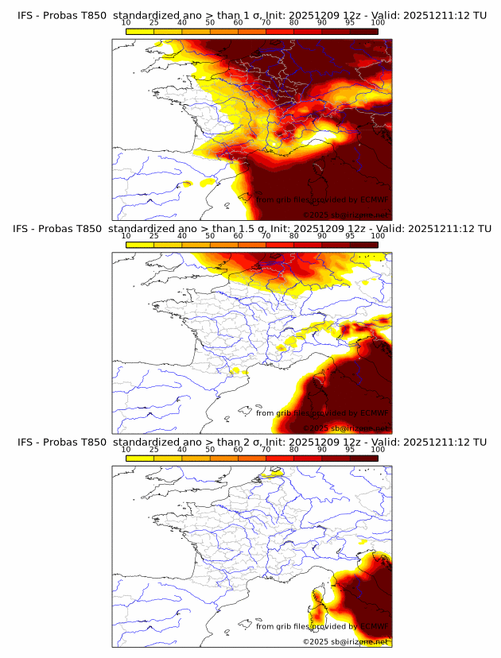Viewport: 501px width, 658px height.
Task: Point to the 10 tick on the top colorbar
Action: coord(126,22)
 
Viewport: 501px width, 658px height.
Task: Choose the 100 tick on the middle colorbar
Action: coord(379,236)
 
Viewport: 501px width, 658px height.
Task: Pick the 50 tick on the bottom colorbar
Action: coord(210,449)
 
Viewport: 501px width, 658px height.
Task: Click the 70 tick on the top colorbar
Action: coord(266,22)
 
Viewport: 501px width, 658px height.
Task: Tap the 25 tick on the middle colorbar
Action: coord(153,236)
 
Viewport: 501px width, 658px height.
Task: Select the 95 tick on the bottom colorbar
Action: coord(350,449)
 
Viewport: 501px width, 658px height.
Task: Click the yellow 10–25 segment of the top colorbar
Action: coord(140,31)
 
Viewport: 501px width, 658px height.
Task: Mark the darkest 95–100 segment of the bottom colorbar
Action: coord(364,458)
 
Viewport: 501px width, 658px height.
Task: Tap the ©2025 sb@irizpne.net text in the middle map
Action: coord(345,428)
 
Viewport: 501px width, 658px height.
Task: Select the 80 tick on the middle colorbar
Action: coord(294,236)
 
